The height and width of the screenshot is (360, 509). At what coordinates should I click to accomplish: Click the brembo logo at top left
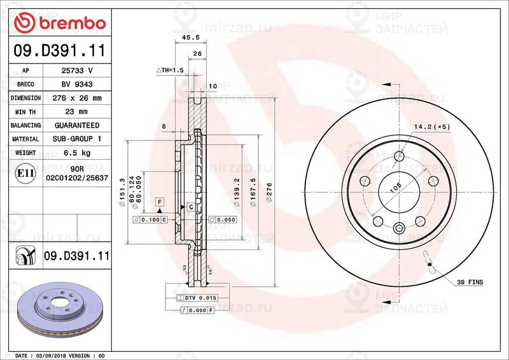tap(60, 23)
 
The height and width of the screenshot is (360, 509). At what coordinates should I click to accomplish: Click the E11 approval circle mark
tap(25, 173)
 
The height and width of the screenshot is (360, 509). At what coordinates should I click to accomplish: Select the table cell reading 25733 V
tap(77, 71)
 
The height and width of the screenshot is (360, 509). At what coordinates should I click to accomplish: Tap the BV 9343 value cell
tap(77, 85)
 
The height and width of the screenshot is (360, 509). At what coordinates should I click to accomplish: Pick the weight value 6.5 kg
tap(77, 153)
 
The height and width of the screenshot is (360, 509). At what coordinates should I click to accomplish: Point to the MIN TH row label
tap(25, 112)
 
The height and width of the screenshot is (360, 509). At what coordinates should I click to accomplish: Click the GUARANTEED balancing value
tap(77, 125)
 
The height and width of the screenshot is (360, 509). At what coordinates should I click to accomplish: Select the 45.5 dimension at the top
tap(190, 38)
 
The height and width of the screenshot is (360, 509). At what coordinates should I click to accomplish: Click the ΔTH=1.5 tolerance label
tap(170, 70)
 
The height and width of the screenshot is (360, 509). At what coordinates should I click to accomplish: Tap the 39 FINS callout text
tap(470, 282)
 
